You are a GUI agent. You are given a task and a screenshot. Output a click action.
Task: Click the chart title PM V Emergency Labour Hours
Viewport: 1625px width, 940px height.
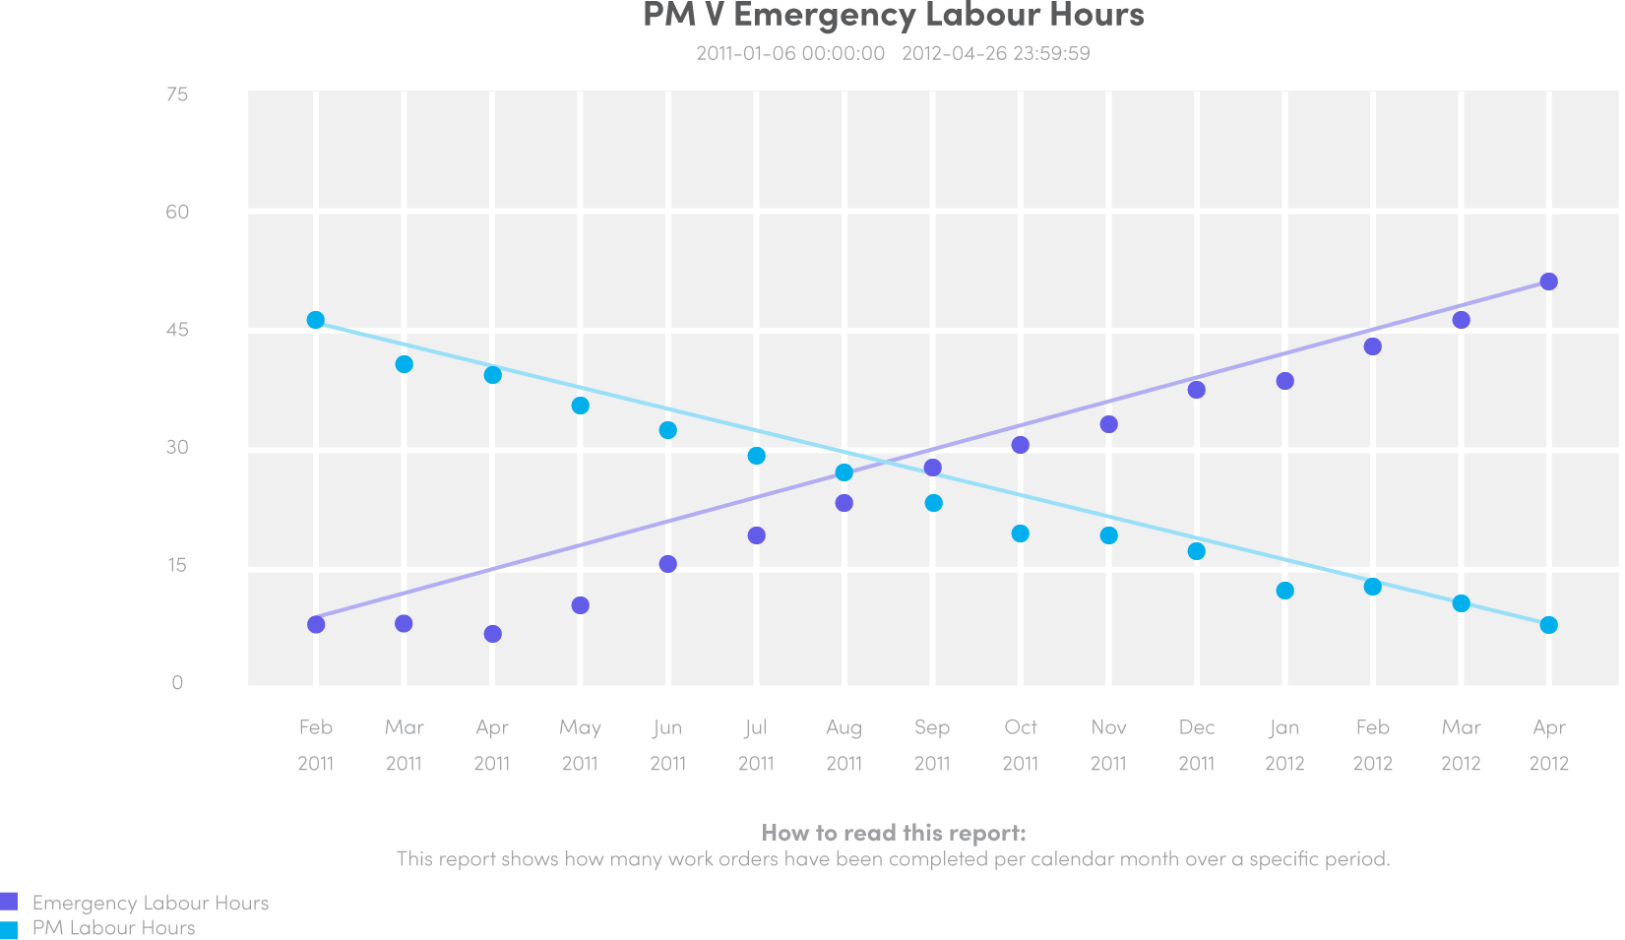(x=893, y=16)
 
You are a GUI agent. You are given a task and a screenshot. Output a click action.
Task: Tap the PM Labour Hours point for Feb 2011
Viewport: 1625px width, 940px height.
(x=316, y=320)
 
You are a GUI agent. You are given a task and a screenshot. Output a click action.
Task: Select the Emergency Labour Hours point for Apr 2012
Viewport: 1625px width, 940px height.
(x=1548, y=282)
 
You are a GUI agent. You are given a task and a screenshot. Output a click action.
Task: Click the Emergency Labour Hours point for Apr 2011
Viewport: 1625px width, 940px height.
(x=493, y=634)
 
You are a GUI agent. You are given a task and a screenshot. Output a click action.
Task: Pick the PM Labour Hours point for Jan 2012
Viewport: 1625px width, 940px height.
(x=1284, y=591)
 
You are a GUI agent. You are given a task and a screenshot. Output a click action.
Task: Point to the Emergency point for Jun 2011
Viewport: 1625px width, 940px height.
(x=668, y=564)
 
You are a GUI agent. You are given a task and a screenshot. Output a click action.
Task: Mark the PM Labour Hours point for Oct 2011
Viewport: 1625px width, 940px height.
(x=1021, y=533)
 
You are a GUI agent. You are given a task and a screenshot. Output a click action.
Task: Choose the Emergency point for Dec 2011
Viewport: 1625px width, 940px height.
(x=1197, y=390)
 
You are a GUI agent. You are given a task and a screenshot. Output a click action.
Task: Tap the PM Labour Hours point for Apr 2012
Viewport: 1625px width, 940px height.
(x=1548, y=625)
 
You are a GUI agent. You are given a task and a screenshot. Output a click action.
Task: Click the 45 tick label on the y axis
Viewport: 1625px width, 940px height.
(x=177, y=330)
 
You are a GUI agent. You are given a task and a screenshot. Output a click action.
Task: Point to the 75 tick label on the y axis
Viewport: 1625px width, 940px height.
(x=177, y=94)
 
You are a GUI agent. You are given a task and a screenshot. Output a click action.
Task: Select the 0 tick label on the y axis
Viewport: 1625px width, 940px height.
(x=177, y=682)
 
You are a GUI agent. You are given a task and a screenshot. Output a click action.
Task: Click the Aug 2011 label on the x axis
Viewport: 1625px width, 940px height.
(x=844, y=744)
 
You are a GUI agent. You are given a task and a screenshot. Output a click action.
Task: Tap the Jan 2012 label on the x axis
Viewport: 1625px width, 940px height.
(x=1284, y=744)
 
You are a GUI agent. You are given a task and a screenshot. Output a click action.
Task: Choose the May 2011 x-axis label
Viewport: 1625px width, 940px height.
(x=580, y=744)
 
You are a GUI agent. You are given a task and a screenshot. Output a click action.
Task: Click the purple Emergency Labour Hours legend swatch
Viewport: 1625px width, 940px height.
(x=9, y=902)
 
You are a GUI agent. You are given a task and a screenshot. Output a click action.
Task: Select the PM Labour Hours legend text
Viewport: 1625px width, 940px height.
(x=113, y=927)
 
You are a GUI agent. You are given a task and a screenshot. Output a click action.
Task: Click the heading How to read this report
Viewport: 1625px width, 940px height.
(x=893, y=833)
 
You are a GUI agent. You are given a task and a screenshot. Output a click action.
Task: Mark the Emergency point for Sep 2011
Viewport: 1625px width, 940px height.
(x=933, y=468)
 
